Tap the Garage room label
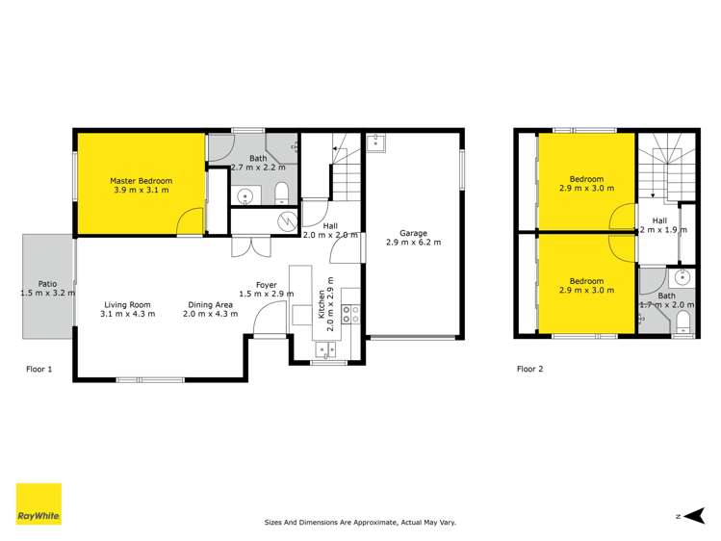413,232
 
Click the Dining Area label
212,304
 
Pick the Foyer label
267,284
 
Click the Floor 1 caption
39,369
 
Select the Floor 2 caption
530,369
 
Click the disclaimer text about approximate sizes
360,523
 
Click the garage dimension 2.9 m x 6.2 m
413,243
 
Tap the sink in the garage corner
376,143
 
